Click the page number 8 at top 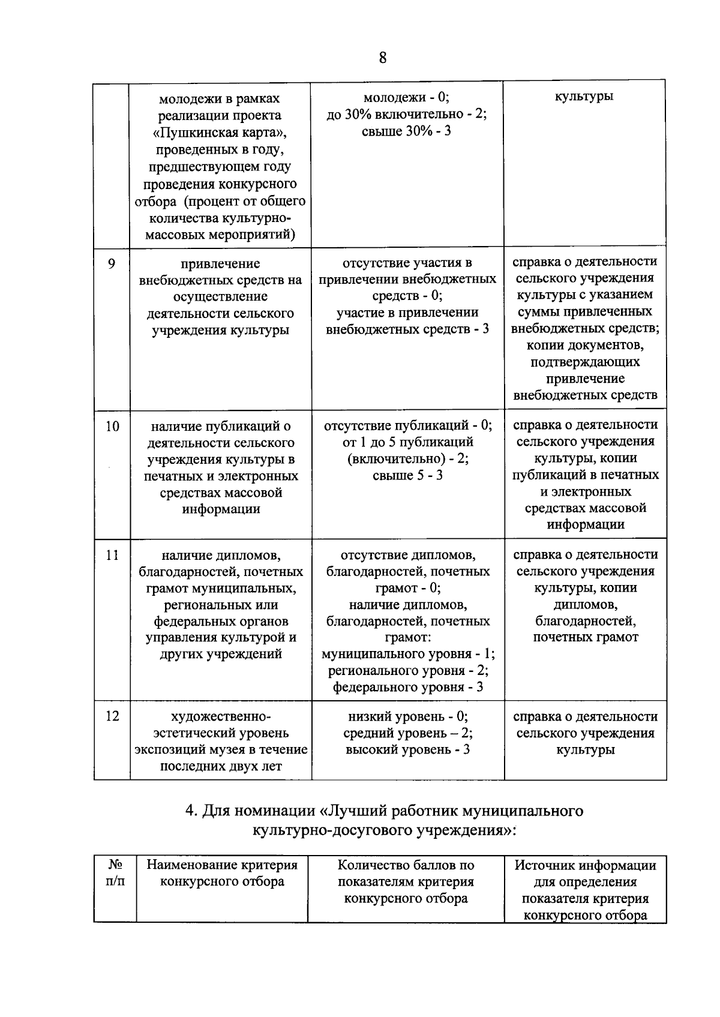point(383,58)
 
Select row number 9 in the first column point(112,263)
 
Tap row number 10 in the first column point(112,427)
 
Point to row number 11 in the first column point(112,555)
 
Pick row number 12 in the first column point(112,716)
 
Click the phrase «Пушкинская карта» point(220,132)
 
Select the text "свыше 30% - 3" point(406,131)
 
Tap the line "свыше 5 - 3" point(407,475)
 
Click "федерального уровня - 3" point(408,687)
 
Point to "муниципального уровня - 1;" point(408,654)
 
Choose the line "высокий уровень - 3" point(407,749)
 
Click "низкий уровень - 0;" point(408,716)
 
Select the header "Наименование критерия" point(222,865)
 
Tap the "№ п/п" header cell point(115,874)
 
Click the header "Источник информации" point(585,865)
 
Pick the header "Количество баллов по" point(406,865)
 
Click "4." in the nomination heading point(191,811)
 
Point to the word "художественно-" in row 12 point(221,716)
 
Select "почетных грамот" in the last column point(585,637)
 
